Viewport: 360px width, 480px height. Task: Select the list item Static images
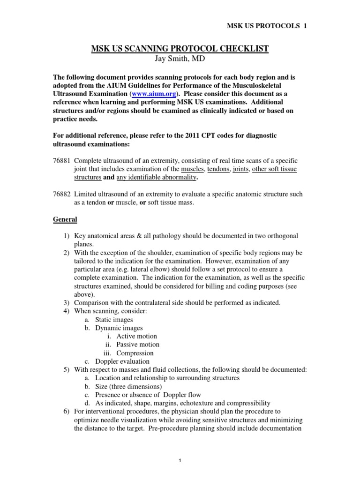114,319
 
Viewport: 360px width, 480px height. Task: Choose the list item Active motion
136,336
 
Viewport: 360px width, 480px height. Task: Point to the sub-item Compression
135,353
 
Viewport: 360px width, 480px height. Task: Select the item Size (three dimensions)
128,387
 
